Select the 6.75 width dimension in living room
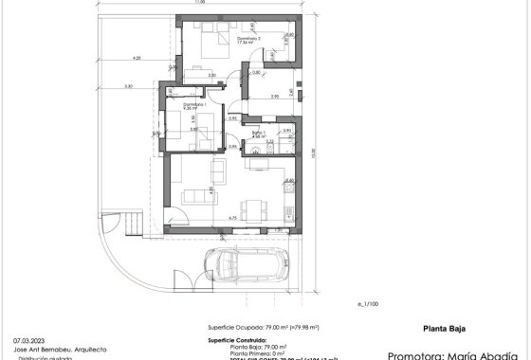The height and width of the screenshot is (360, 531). coord(231,218)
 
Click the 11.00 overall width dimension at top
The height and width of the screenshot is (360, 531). coord(199,3)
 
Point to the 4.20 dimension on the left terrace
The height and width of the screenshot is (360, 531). coord(138,59)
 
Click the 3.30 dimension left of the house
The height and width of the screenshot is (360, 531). coord(128,87)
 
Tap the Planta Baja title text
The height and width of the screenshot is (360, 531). coord(442,330)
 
